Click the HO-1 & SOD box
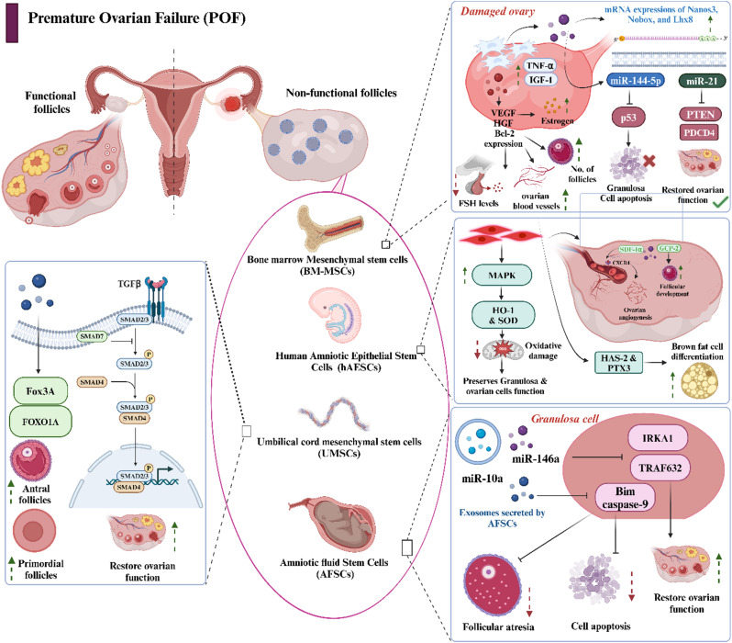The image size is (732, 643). coord(520,316)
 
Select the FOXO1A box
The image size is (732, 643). coord(58,398)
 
